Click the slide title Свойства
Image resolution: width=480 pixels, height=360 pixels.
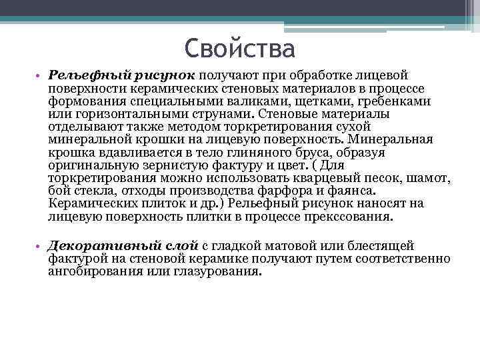click(x=239, y=49)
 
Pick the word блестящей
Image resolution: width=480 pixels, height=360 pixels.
click(x=383, y=247)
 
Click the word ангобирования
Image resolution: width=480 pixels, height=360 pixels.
click(x=92, y=272)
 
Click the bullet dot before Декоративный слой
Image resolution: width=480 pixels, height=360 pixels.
click(x=39, y=247)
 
